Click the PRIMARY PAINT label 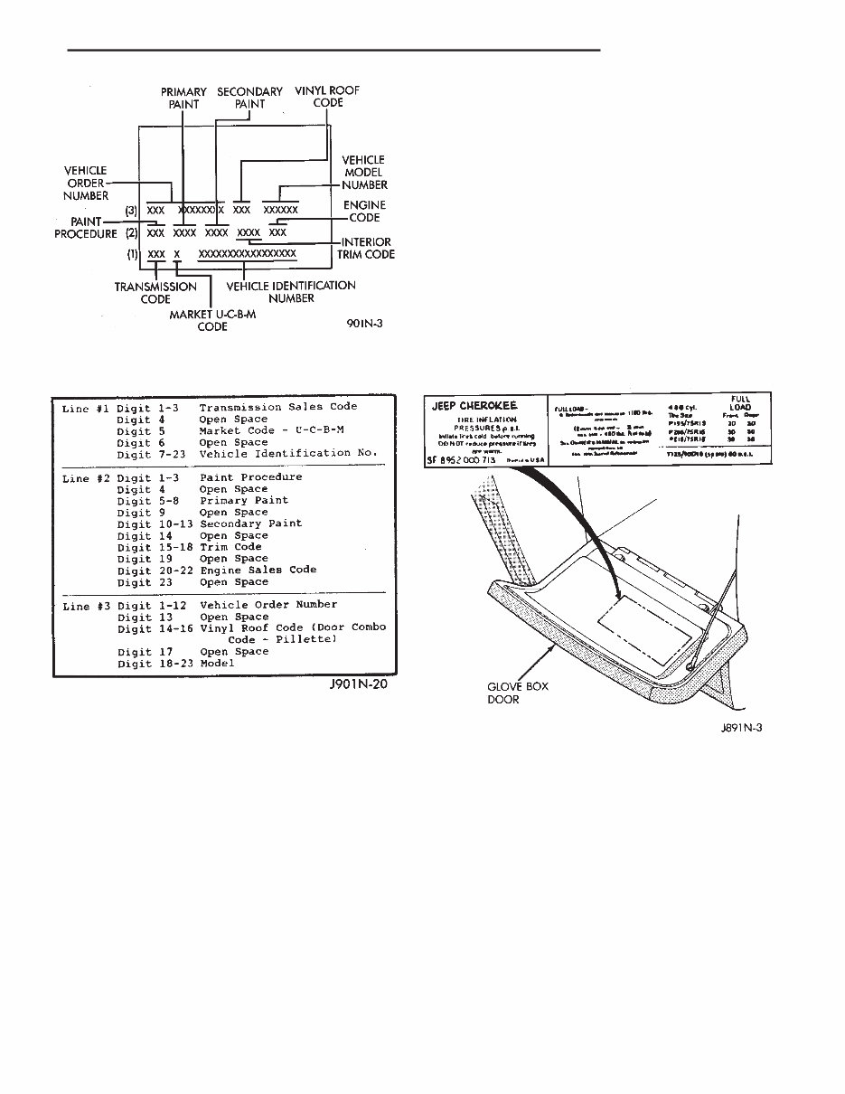pos(183,98)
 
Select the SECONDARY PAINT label pos(249,98)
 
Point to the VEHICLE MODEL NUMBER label pos(363,173)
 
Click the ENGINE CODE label pos(364,212)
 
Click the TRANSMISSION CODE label pos(155,292)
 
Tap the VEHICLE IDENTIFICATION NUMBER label pos(291,292)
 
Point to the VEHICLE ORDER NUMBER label pos(86,183)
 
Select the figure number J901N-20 pos(363,685)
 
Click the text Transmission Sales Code pos(278,407)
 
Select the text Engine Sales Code pos(258,570)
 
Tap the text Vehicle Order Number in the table pos(268,604)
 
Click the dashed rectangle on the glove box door pos(640,634)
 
